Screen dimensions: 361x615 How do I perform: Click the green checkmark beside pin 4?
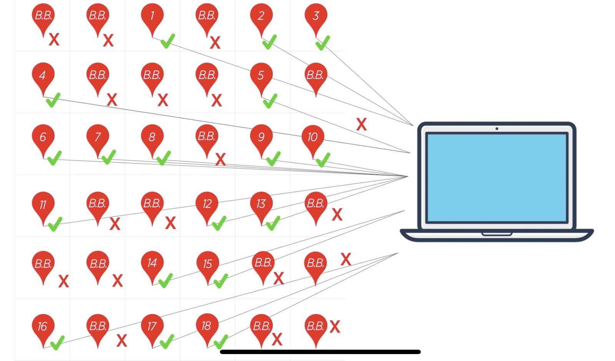[53, 100]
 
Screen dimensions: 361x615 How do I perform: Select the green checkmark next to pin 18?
[221, 341]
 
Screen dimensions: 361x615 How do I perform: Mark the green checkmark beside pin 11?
[55, 224]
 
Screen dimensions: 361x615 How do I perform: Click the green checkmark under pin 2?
[269, 42]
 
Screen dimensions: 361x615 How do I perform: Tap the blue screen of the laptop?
[497, 177]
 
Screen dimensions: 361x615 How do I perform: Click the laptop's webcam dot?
[497, 129]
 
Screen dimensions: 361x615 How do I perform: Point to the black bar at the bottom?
[320, 352]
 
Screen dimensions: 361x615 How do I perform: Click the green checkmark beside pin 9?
[273, 158]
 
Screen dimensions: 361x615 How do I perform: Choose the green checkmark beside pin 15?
[220, 281]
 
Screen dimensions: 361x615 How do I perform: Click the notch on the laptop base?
[497, 233]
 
